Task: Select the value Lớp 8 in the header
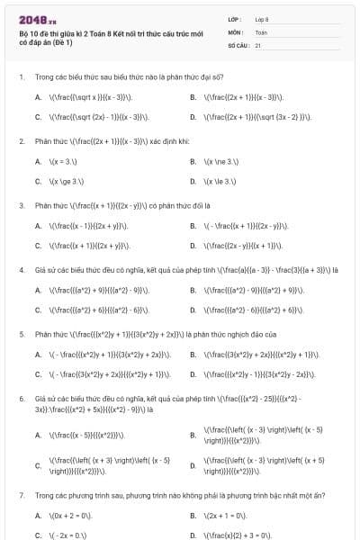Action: click(262, 18)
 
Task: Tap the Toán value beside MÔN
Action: click(261, 31)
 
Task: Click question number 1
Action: click(21, 77)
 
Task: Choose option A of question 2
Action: click(38, 161)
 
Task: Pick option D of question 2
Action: click(193, 181)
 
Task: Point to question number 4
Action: click(21, 269)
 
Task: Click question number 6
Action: click(21, 397)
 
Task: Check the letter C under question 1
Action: click(38, 117)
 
